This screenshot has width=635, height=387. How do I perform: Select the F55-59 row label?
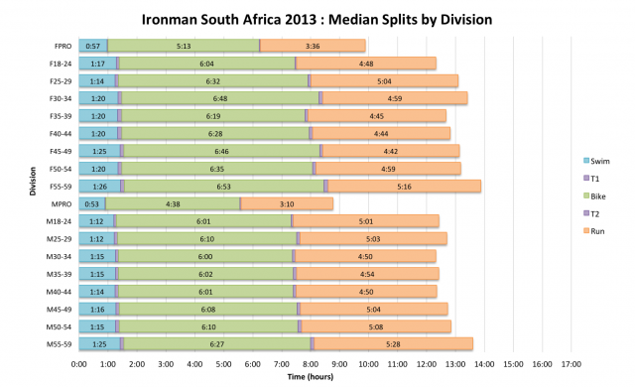click(x=56, y=186)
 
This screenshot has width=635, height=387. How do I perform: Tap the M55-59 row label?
click(x=56, y=343)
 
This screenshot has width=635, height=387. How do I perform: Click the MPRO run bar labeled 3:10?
click(x=287, y=203)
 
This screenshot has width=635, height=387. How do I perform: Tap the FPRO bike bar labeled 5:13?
click(x=184, y=46)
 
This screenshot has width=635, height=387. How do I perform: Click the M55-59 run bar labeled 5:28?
click(x=393, y=343)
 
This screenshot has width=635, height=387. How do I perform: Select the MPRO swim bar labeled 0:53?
click(x=91, y=203)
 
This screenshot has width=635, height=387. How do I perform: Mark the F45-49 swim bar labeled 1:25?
click(x=98, y=151)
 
